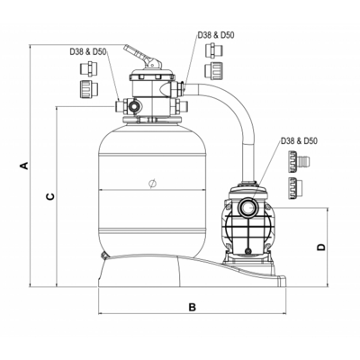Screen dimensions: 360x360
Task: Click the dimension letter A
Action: coord(24,166)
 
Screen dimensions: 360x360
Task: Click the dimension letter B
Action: coord(192,307)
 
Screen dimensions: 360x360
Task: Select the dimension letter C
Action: coord(50,196)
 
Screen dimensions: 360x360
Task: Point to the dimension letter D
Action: coord(321,247)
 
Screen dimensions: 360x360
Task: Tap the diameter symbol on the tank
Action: coord(152,184)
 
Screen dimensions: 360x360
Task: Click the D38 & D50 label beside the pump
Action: coord(299,140)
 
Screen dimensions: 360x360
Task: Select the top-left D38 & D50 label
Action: coord(88,51)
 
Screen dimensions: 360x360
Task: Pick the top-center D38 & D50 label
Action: coord(216,35)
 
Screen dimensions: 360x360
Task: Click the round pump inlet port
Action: coord(247,207)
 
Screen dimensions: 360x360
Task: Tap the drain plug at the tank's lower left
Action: coord(104,256)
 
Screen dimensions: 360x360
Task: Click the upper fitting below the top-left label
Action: coord(89,68)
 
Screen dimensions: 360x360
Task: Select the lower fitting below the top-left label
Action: coord(89,88)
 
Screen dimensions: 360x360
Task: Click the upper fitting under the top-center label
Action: coord(214,50)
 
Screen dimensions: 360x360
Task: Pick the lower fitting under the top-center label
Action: coord(214,71)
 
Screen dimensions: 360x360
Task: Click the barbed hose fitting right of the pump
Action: coord(299,162)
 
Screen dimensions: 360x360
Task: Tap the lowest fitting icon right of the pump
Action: coord(295,188)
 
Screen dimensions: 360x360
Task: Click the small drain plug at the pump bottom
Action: coord(247,251)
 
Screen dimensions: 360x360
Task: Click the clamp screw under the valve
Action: coord(146,121)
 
